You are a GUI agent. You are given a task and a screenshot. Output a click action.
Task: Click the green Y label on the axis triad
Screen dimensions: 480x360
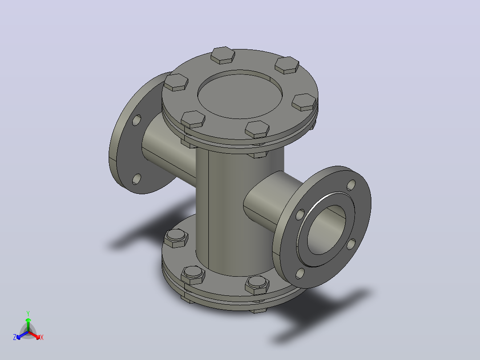point(28,313)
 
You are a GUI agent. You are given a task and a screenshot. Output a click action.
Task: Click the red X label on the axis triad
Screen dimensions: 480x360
point(42,337)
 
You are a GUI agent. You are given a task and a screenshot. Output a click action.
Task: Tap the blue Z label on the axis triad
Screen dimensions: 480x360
point(15,337)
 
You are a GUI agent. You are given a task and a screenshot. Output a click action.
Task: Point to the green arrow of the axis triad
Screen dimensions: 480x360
point(28,325)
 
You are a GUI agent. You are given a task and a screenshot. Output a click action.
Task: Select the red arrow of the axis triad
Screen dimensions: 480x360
point(34,335)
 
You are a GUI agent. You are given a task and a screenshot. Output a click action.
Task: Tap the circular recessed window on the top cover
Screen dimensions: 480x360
point(240,94)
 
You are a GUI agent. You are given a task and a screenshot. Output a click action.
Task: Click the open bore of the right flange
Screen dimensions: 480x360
point(326,229)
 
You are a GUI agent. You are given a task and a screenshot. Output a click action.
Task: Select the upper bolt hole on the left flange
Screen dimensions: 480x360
point(137,120)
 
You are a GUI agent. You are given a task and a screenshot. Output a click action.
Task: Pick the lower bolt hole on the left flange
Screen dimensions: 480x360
point(137,179)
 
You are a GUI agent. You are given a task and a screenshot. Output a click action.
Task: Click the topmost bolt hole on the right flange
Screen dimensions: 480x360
point(351,185)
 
